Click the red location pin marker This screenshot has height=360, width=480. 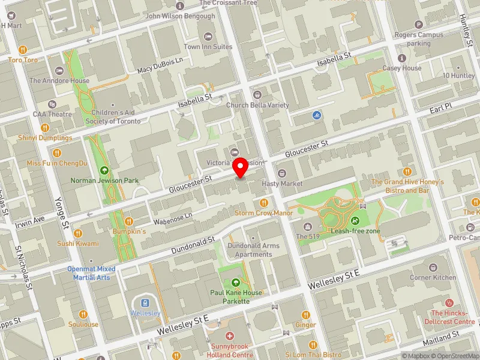click(241, 169)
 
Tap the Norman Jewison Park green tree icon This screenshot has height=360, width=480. click(105, 170)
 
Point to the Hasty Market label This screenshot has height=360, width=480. click(283, 183)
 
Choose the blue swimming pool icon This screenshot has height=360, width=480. click(317, 115)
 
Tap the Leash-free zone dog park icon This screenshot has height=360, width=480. click(356, 220)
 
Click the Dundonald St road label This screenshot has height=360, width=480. click(193, 244)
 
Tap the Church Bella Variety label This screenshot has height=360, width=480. click(257, 105)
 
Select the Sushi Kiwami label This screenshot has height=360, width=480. click(77, 244)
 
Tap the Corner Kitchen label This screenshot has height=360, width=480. click(433, 277)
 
